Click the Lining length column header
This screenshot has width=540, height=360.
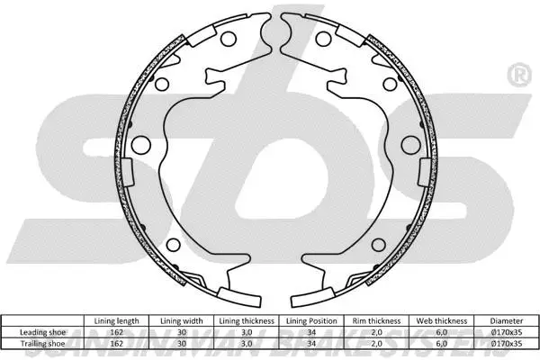[x=116, y=320]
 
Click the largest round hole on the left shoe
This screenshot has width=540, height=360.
[x=141, y=146]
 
